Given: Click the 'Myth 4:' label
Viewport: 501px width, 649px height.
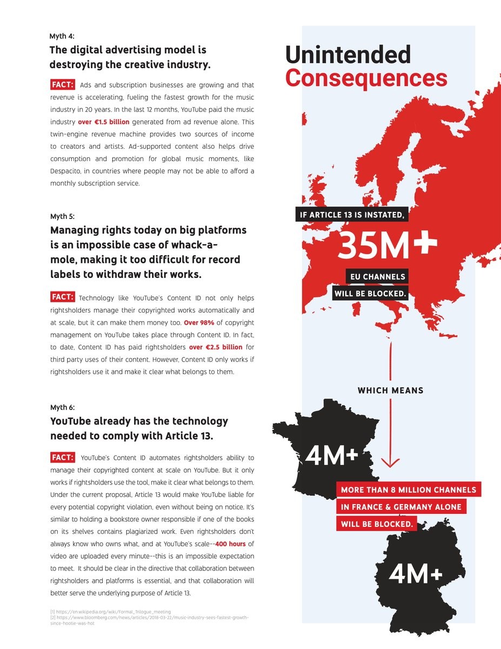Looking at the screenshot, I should (62, 36).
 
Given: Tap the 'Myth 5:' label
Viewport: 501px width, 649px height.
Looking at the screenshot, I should (62, 216).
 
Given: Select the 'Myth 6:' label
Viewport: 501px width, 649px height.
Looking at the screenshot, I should (62, 407).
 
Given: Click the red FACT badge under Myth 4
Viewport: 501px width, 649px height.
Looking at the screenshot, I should (63, 84).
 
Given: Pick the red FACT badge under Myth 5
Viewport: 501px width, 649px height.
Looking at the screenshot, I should (63, 297).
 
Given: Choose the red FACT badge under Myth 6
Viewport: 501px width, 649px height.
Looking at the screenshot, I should (63, 458).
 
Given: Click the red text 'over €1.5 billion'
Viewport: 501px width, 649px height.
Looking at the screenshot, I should (104, 122).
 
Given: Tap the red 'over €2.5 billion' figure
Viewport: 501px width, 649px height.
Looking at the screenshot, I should (216, 347).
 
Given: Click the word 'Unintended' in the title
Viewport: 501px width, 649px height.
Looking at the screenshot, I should (348, 55).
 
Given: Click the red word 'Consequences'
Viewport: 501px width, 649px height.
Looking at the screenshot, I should (366, 78).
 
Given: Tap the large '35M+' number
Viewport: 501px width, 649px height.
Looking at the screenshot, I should (387, 246).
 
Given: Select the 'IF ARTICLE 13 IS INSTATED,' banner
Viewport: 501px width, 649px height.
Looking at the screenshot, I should (352, 215).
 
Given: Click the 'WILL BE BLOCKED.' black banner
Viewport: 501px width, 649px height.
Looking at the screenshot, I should (370, 294).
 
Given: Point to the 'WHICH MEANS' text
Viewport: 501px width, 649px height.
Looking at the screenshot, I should (390, 390).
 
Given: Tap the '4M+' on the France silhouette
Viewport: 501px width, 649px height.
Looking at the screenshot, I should (331, 456).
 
